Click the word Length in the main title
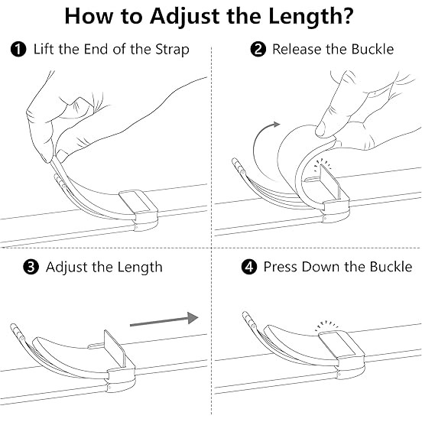[x=306, y=17]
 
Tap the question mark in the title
[x=349, y=15]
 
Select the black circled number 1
[x=18, y=50]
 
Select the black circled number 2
[x=258, y=49]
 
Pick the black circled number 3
[x=31, y=268]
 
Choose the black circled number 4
[x=249, y=267]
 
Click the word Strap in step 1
[x=172, y=50]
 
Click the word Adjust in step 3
[x=67, y=268]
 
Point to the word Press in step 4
[x=281, y=267]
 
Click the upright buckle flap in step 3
[x=115, y=349]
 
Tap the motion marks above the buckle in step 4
[x=326, y=325]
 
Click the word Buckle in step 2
[x=373, y=49]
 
